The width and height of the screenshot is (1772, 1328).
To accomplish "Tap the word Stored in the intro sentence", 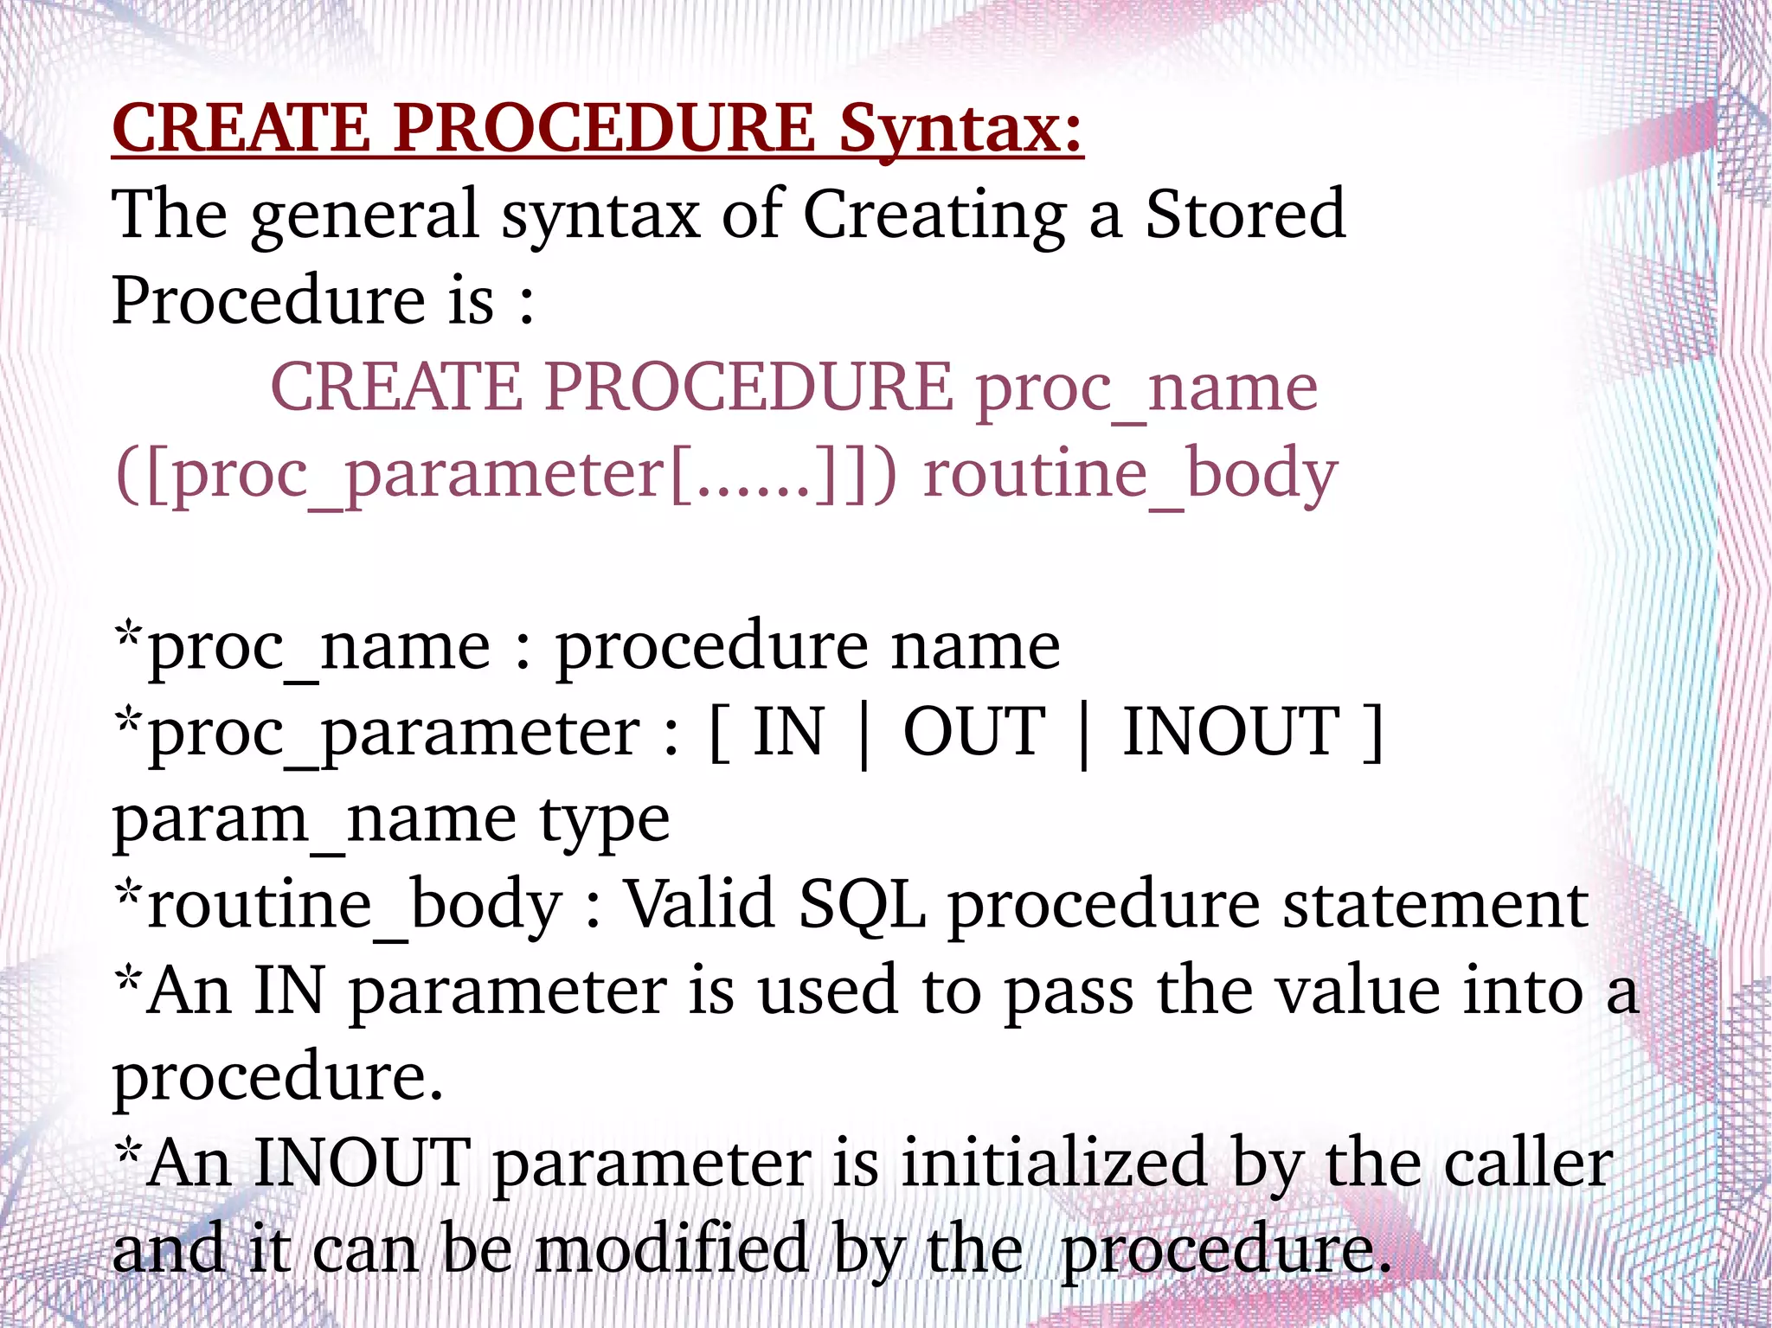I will [1245, 215].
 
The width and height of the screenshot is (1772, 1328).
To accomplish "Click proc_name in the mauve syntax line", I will [1147, 388].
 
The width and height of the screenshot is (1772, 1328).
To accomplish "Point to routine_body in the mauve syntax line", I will [1130, 474].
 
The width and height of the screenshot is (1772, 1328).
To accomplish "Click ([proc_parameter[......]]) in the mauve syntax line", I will [506, 475].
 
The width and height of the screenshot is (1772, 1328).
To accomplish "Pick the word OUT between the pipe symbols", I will [974, 732].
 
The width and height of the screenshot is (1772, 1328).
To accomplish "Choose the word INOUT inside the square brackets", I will [1231, 732].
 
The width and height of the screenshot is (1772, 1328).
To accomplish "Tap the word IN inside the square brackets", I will [788, 732].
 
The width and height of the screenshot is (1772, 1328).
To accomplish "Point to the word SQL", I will [862, 905].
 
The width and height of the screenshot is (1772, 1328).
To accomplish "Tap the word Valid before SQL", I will [699, 903].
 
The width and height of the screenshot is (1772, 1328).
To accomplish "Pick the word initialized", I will [1054, 1163].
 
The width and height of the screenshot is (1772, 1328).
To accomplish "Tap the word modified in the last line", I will [671, 1249].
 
